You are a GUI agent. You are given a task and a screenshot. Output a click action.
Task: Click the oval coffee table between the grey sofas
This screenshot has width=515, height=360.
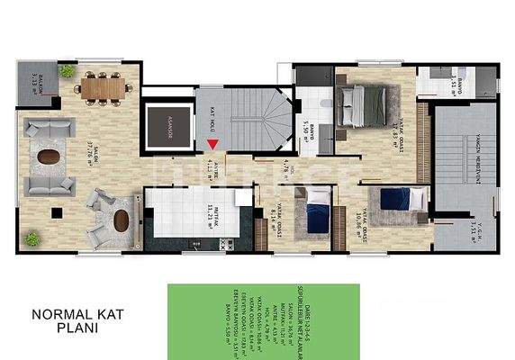tap(50, 156)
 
